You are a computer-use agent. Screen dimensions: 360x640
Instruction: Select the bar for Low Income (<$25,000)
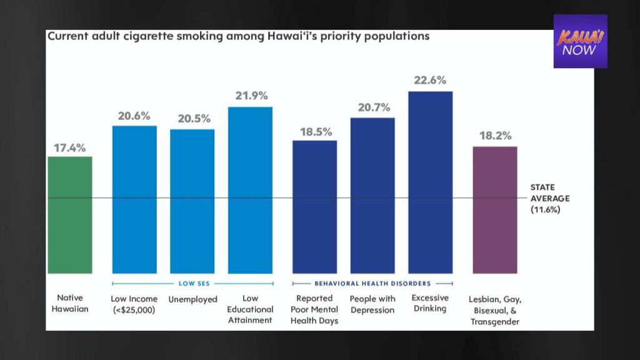(134, 199)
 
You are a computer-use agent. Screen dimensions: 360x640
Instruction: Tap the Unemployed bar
(192, 201)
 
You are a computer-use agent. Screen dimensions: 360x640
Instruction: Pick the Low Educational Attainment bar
(250, 190)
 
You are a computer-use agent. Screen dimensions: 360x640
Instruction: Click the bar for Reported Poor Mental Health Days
(314, 207)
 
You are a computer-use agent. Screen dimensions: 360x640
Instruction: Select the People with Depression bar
(372, 195)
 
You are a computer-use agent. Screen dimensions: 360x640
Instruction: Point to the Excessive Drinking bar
(430, 182)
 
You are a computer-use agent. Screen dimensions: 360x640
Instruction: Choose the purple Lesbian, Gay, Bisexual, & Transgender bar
(495, 209)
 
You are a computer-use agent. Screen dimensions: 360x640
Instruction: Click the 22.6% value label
(430, 80)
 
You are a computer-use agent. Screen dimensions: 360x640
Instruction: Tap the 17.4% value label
(70, 148)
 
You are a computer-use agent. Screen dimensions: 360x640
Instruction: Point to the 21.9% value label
(250, 96)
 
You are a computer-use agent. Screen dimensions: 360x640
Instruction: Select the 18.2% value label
(495, 136)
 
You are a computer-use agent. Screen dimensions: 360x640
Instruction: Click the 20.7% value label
(372, 107)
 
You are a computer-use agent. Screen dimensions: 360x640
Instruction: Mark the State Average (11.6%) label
(550, 199)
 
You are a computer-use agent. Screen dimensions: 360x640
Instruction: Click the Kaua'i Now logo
(580, 41)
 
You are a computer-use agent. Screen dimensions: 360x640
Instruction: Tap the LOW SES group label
(192, 284)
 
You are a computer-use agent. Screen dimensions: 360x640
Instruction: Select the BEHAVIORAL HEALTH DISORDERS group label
(372, 284)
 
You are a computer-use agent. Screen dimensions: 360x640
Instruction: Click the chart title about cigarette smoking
(239, 36)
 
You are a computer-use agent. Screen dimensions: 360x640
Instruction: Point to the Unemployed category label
(192, 299)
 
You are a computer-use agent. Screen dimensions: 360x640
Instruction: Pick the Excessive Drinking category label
(430, 303)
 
